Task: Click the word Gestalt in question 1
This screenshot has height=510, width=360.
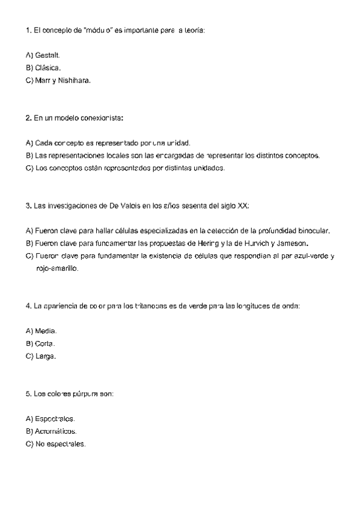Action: (47, 55)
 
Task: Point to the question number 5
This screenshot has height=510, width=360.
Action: (29, 394)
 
